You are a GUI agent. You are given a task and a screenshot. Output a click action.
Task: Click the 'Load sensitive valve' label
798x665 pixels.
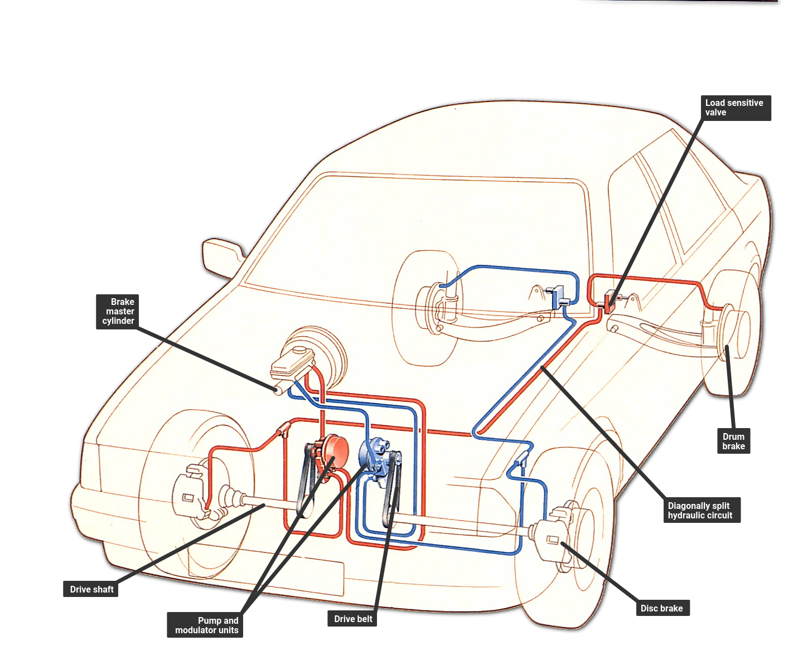[734, 108]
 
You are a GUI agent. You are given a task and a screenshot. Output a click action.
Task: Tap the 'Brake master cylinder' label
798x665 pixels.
[118, 311]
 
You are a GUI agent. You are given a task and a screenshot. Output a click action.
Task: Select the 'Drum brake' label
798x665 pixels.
[733, 441]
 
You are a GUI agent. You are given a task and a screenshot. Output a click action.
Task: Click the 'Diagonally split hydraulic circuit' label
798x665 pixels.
[700, 510]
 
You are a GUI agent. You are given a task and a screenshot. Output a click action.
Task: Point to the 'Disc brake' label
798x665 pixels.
[661, 608]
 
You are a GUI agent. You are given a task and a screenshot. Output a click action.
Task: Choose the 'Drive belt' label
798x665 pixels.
[352, 619]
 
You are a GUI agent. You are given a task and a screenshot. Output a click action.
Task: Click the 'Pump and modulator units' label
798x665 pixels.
[206, 625]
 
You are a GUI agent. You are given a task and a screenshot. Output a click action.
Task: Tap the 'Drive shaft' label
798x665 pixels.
[91, 589]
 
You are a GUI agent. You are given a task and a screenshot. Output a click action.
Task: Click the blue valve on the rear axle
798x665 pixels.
[557, 297]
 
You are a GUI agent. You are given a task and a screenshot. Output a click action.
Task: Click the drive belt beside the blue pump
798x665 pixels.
[391, 491]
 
